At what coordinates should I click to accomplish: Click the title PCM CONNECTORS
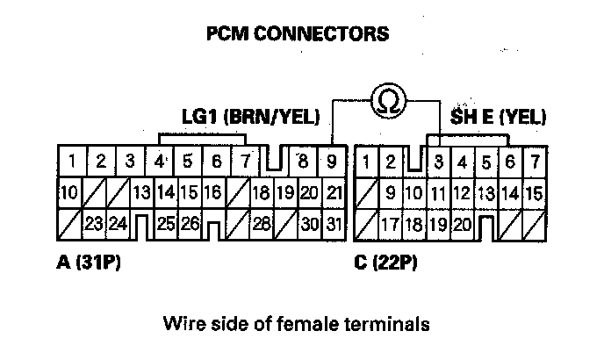[297, 35]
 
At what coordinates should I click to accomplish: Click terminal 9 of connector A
[332, 162]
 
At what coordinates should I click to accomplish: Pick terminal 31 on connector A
[333, 225]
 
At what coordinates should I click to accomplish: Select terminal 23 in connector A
[95, 225]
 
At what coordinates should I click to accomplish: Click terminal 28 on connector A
[260, 225]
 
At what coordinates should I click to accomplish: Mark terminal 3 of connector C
[438, 162]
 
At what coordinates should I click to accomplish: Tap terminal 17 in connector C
[391, 225]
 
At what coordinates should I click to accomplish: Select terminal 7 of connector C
[533, 162]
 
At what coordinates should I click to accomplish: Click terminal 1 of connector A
[71, 162]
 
